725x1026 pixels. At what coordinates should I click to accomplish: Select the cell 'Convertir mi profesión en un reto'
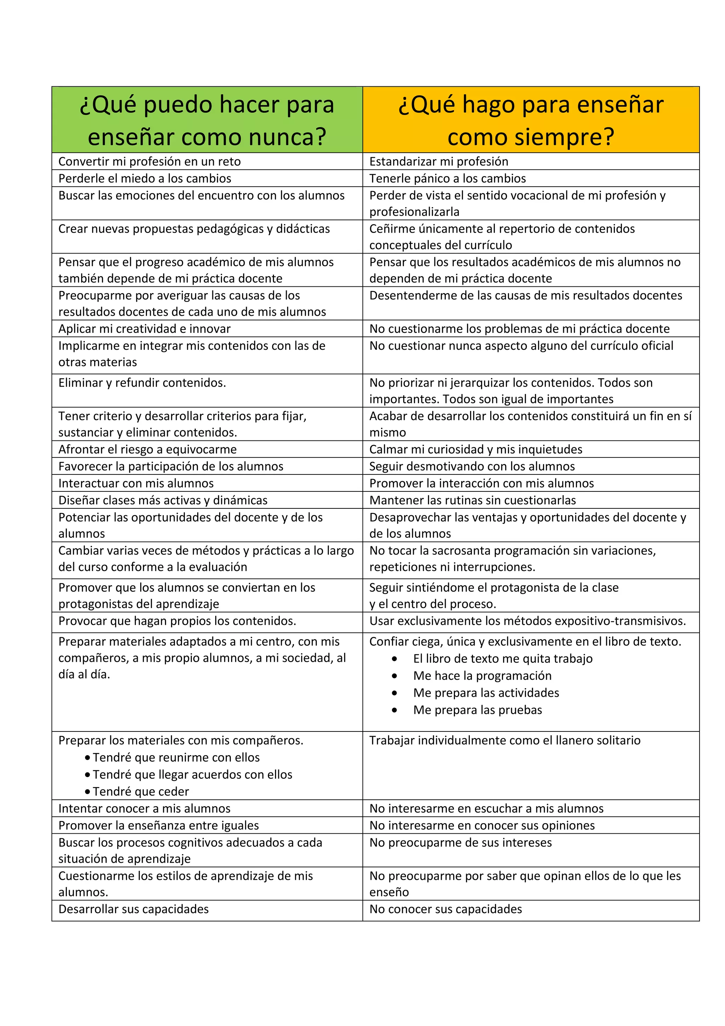(150, 161)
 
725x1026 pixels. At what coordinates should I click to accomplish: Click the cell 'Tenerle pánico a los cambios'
(447, 178)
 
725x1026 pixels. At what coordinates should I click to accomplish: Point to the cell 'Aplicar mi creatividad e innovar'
(144, 329)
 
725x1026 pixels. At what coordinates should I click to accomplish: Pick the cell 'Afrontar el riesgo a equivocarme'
(147, 449)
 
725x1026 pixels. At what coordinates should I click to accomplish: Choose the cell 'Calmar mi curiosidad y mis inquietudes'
(476, 449)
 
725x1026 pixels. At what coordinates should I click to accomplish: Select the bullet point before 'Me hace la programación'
(394, 676)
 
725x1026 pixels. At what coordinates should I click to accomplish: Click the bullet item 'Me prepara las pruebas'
(477, 710)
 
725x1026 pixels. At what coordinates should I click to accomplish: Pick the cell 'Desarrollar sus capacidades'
(133, 910)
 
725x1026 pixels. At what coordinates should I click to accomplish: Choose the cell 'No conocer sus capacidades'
(445, 910)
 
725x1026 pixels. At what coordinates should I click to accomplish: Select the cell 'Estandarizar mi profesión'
(439, 161)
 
